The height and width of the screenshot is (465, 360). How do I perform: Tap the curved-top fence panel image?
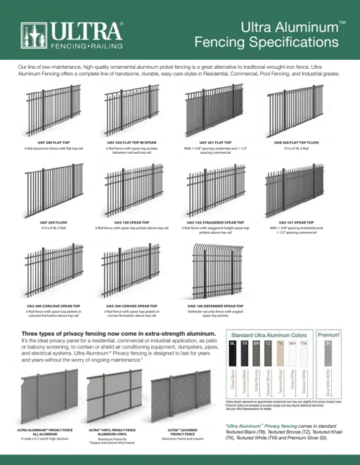pyautogui.click(x=214, y=271)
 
